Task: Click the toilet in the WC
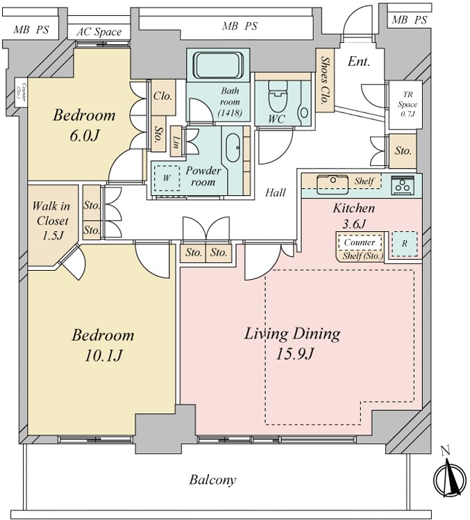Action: [278, 97]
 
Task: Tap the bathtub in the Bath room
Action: [217, 65]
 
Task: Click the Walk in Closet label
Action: [51, 221]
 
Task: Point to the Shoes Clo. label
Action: [325, 80]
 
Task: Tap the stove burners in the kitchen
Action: [403, 186]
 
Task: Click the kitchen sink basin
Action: [333, 185]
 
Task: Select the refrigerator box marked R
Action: [404, 244]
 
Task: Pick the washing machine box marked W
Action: [167, 178]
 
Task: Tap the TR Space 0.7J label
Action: [408, 104]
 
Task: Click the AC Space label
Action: [99, 32]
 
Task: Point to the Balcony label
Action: [212, 480]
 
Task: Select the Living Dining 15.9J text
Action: [292, 344]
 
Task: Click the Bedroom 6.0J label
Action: [84, 125]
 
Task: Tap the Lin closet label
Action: [176, 142]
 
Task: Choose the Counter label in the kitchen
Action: [360, 242]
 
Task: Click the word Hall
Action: [276, 192]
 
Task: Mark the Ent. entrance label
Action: [358, 61]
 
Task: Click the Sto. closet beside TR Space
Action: [403, 151]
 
